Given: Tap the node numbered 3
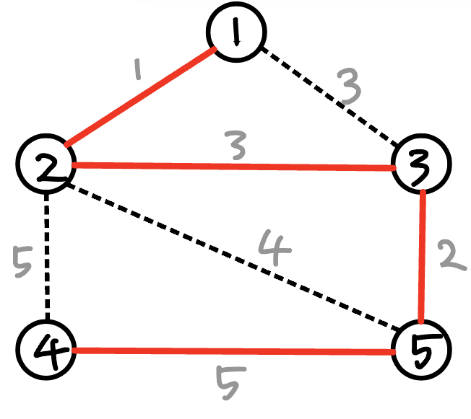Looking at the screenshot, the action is click(421, 164).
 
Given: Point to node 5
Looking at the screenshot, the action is click(421, 352).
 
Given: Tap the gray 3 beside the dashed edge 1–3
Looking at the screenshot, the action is click(350, 89).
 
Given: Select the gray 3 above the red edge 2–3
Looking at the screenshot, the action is click(236, 144).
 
